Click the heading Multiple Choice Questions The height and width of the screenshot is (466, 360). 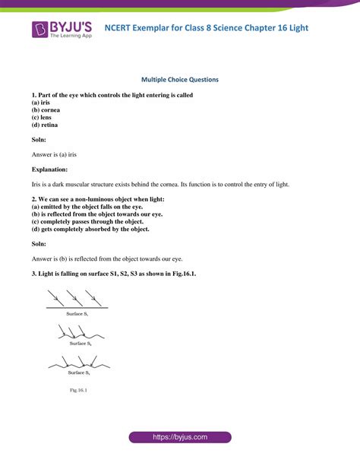pyautogui.click(x=179, y=78)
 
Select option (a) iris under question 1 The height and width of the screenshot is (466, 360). pyautogui.click(x=43, y=103)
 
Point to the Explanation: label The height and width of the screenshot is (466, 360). pyautogui.click(x=50, y=169)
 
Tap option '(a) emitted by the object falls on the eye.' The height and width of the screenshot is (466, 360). pyautogui.click(x=92, y=206)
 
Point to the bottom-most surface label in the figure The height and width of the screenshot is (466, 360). pyautogui.click(x=79, y=372)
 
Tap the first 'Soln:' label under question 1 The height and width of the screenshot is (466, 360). pyautogui.click(x=39, y=140)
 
